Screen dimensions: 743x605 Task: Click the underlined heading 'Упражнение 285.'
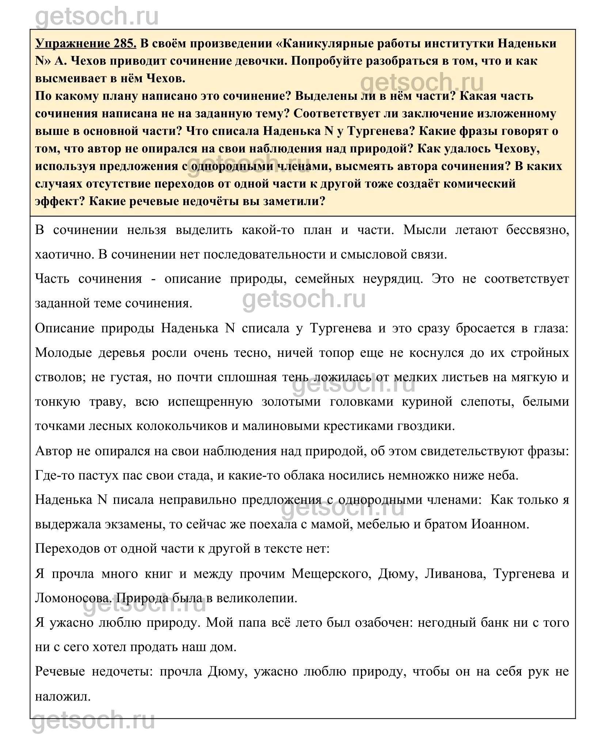tap(86, 44)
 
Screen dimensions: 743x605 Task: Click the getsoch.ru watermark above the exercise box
tap(97, 16)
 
